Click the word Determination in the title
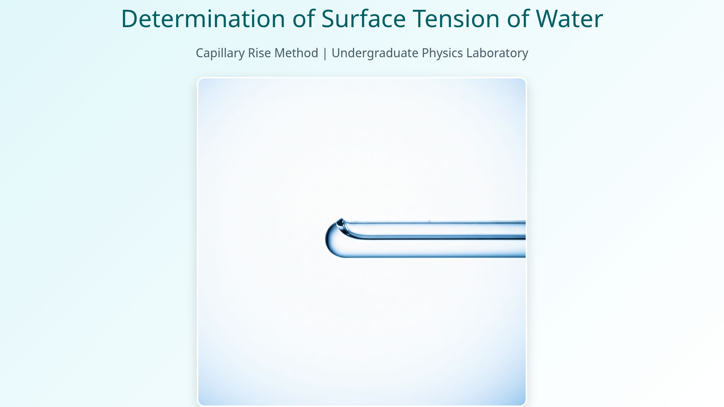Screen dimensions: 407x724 click(203, 18)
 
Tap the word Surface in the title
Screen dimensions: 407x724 click(363, 18)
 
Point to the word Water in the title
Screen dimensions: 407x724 click(569, 18)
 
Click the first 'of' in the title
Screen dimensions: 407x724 click(304, 18)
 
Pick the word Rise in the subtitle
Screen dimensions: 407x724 click(258, 53)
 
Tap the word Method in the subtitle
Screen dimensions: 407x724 click(296, 53)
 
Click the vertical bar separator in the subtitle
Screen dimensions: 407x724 click(325, 53)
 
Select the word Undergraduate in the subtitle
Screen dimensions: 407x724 click(374, 53)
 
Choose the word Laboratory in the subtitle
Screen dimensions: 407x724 click(497, 53)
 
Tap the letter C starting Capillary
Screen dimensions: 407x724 click(199, 53)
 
